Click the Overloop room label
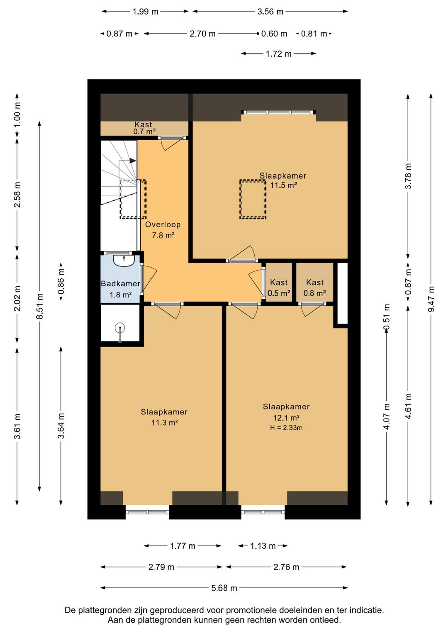pyautogui.click(x=163, y=225)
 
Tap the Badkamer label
pyautogui.click(x=120, y=283)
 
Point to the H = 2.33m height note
pyautogui.click(x=286, y=428)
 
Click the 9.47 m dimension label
pyautogui.click(x=431, y=299)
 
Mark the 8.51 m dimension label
pyautogui.click(x=39, y=306)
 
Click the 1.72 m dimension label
pyautogui.click(x=278, y=54)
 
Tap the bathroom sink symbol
pyautogui.click(x=124, y=260)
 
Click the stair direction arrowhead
pyautogui.click(x=133, y=161)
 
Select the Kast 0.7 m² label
pyautogui.click(x=144, y=128)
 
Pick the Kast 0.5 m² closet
pyautogui.click(x=279, y=282)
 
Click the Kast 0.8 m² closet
pyautogui.click(x=315, y=282)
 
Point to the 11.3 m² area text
pyautogui.click(x=165, y=422)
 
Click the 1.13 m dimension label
pyautogui.click(x=263, y=545)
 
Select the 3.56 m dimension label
pyautogui.click(x=270, y=12)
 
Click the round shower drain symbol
pyautogui.click(x=120, y=328)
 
